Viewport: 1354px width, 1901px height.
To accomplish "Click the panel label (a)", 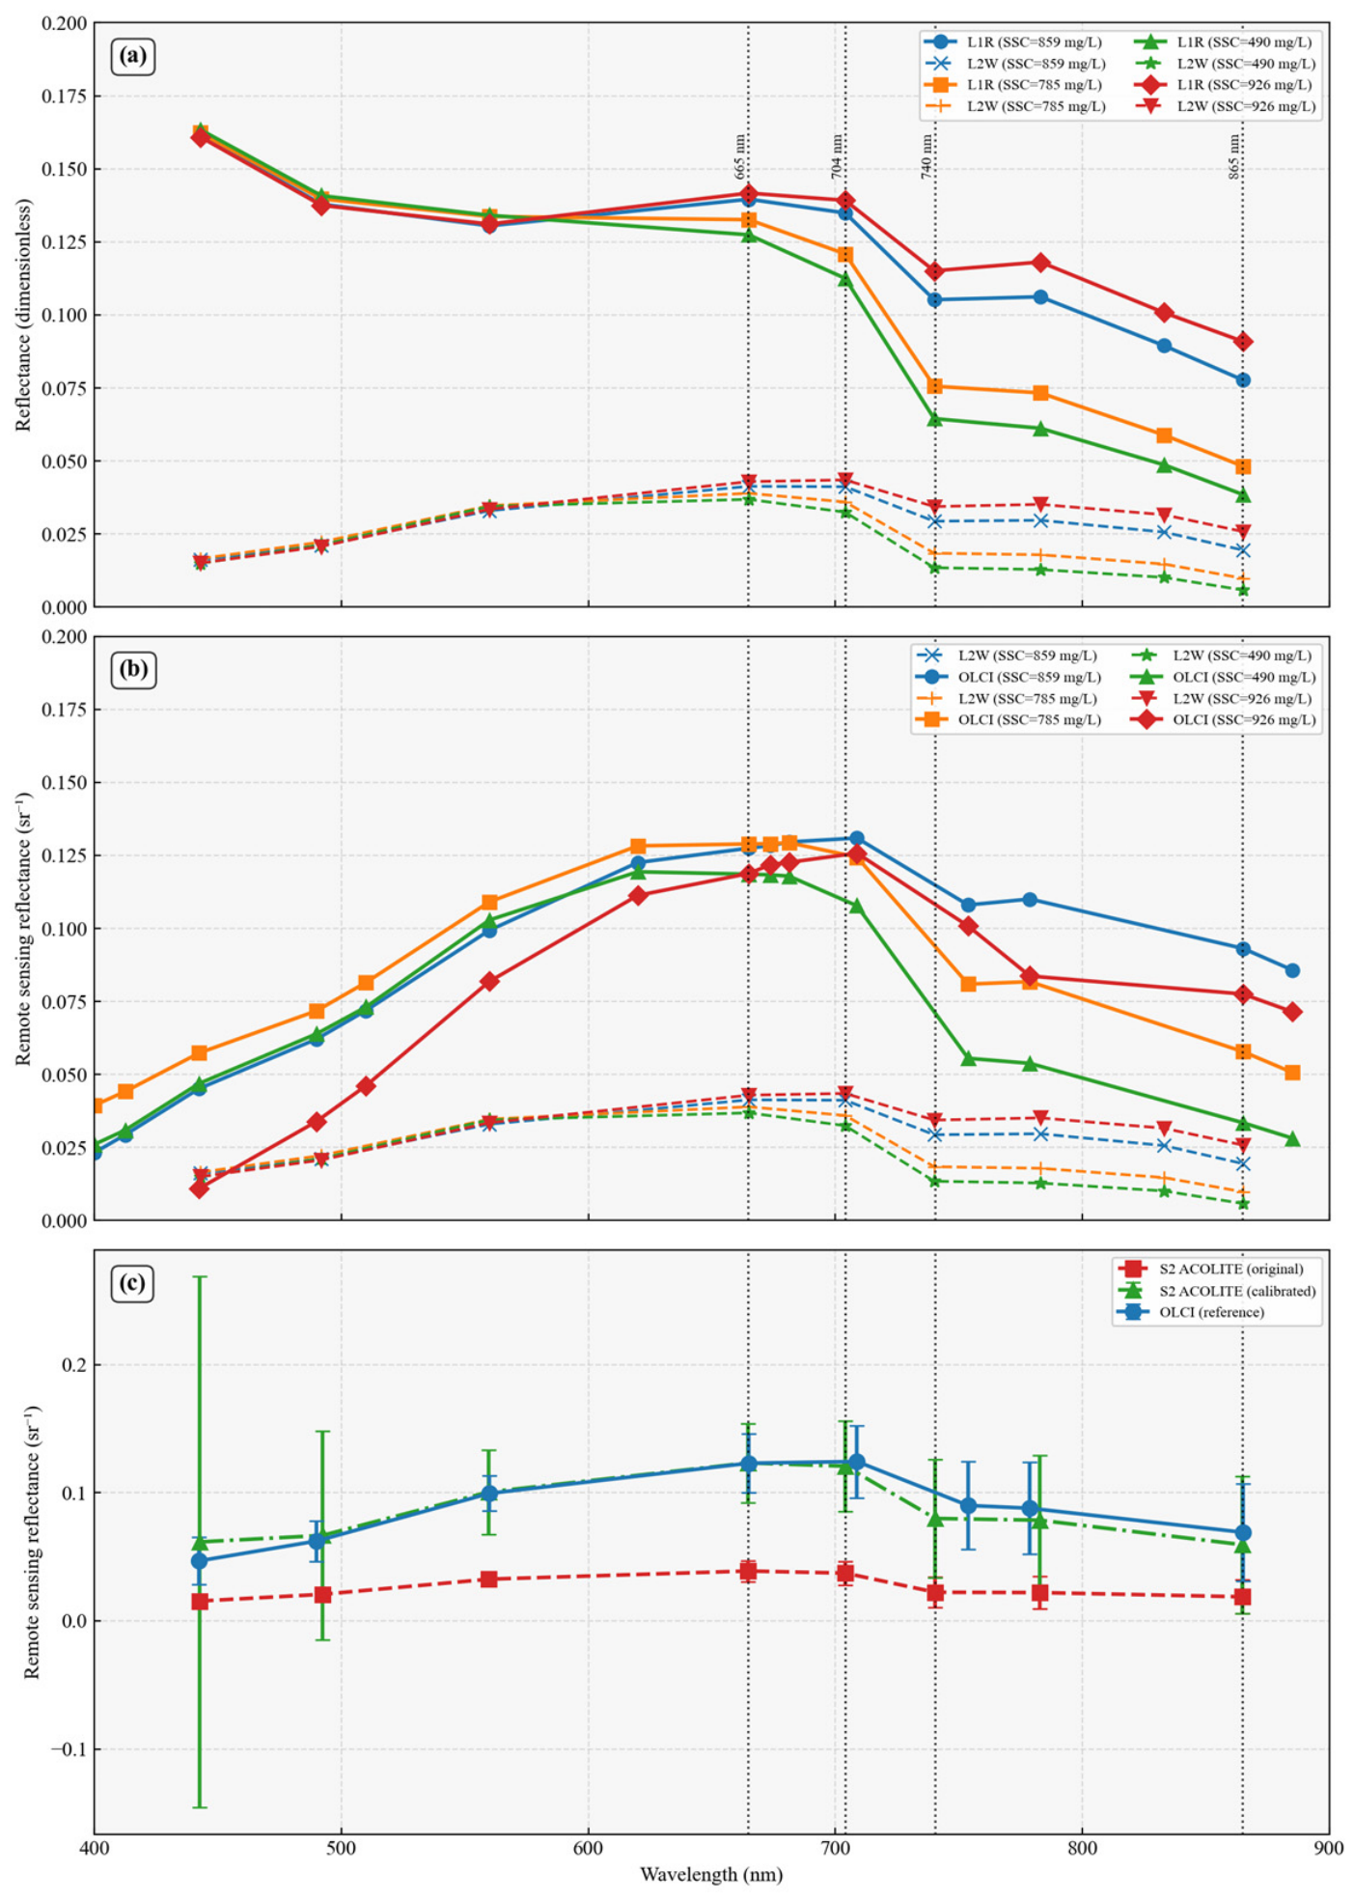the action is click(x=133, y=57).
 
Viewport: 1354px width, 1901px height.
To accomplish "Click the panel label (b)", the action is click(x=133, y=670).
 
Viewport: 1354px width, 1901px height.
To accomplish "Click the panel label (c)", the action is click(x=133, y=1283).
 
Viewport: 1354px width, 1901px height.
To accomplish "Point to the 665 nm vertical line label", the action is click(x=740, y=156).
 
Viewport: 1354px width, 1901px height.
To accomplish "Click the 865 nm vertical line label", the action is click(x=1234, y=156).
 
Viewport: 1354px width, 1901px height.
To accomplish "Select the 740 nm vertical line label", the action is click(x=926, y=156).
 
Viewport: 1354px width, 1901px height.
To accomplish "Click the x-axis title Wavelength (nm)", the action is click(x=711, y=1874).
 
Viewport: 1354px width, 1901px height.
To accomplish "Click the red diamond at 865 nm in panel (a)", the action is click(x=1243, y=342).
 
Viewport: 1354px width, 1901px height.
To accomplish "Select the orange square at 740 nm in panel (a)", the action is click(x=935, y=386).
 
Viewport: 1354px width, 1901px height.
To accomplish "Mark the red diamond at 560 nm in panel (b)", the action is click(x=489, y=981).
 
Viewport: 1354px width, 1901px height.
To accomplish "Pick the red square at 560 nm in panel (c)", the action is click(x=489, y=1580).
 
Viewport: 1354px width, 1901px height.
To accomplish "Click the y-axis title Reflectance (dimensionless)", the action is click(x=23, y=315).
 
